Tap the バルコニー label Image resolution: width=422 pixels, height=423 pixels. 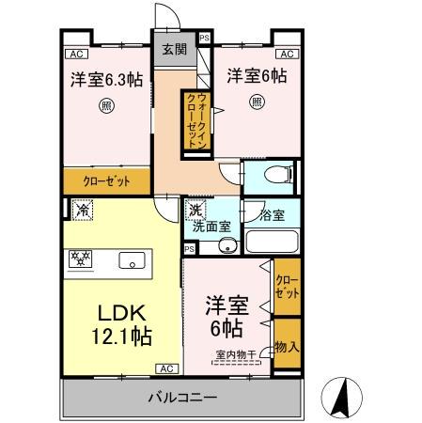pos(182,398)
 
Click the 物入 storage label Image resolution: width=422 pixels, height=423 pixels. pos(288,347)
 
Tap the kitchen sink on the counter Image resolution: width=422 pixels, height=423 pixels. pos(131,260)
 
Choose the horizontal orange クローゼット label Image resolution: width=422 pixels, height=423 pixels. pos(106,180)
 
